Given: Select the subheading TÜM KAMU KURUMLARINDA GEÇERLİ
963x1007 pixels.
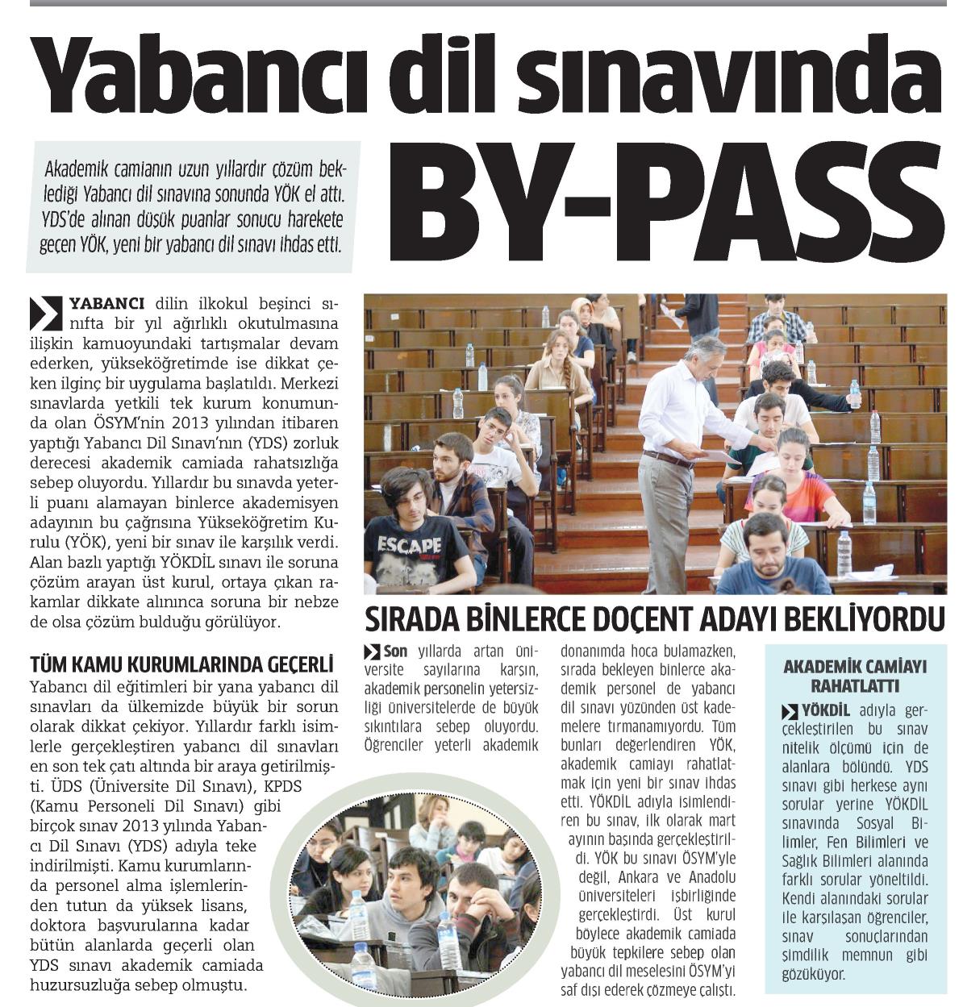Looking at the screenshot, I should coord(181,664).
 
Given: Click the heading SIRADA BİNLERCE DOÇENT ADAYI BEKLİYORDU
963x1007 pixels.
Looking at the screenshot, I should coord(654,620).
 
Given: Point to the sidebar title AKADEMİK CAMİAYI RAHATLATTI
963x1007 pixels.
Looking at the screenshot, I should coord(856,676).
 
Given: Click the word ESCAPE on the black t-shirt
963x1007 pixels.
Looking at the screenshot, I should coord(409,546).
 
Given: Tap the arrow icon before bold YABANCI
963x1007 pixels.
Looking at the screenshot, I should coord(45,312).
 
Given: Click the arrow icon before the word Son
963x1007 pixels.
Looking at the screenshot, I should coord(372,651).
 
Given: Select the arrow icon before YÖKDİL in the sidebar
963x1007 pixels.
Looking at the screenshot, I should coord(790,711).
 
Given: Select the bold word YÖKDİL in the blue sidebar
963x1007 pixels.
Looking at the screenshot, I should coord(826,711).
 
